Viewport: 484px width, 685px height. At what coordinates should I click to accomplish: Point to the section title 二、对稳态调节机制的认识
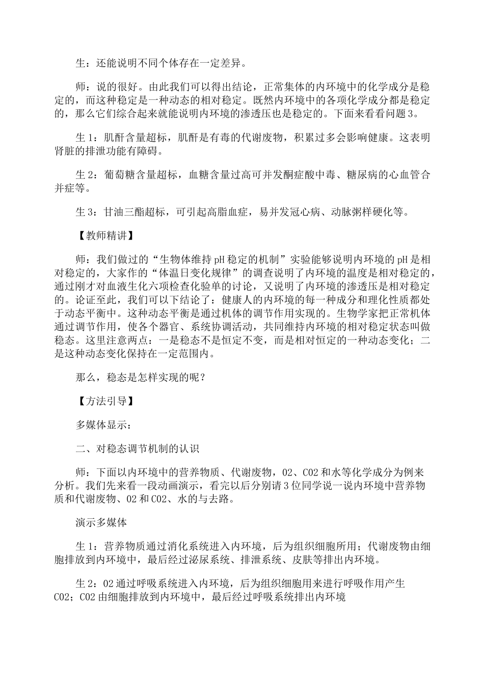point(137,449)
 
